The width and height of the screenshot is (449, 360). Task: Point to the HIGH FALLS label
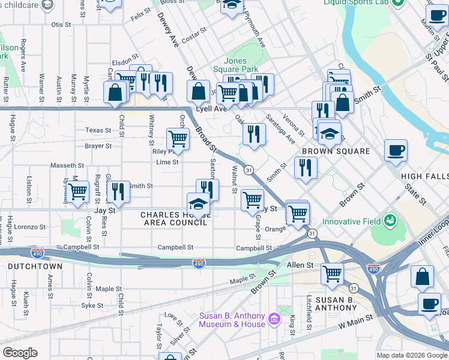click(424, 176)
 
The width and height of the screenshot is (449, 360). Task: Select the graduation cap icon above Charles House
click(199, 203)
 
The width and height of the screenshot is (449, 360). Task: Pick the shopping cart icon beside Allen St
click(332, 274)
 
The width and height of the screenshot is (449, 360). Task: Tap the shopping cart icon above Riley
click(178, 139)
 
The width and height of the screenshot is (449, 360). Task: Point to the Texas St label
click(98, 130)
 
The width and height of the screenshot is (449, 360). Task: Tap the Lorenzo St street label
click(31, 227)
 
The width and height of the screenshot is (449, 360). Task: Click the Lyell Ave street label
click(212, 109)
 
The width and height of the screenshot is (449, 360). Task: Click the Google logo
click(20, 353)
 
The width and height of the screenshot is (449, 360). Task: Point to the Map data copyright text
click(411, 355)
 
